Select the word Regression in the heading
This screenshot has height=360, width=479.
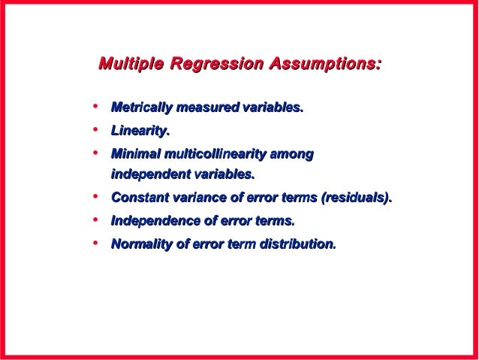coord(216,65)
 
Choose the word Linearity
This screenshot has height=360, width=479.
coord(139,132)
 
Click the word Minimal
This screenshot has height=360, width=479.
coord(136,154)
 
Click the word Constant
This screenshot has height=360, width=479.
coord(139,198)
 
